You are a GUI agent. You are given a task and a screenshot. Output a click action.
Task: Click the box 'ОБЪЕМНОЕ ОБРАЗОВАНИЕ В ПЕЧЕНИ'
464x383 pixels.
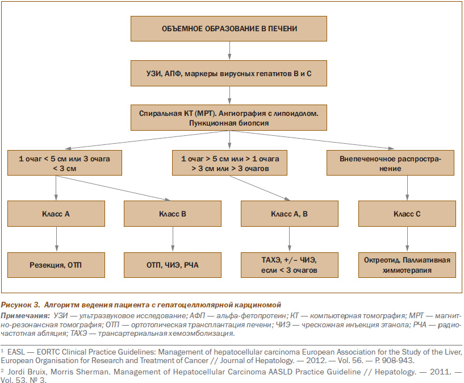[229, 29]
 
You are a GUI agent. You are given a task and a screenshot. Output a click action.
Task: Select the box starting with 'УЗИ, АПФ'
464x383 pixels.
[229, 73]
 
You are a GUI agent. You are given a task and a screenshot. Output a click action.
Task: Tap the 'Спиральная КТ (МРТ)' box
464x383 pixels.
[229, 118]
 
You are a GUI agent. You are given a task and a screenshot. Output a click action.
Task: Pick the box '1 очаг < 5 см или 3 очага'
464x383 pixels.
[65, 163]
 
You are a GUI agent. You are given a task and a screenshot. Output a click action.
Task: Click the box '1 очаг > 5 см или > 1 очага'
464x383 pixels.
[229, 163]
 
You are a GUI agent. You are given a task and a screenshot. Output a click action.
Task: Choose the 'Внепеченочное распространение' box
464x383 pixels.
[390, 163]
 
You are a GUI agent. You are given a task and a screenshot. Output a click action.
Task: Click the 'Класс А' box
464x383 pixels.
[56, 214]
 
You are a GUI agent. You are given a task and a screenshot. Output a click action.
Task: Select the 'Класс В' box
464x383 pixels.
[173, 214]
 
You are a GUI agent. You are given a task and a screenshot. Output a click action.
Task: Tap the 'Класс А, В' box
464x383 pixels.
[290, 214]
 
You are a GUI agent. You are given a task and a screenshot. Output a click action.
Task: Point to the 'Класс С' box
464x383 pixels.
[407, 214]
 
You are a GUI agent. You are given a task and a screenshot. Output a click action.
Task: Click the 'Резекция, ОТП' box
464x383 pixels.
[56, 265]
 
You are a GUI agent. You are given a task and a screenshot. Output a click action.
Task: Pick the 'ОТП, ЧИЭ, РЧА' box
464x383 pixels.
[173, 265]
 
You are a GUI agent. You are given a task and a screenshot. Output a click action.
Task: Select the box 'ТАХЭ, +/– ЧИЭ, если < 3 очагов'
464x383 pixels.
[290, 265]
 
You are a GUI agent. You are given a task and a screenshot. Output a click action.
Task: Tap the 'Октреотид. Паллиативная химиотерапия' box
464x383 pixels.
[407, 265]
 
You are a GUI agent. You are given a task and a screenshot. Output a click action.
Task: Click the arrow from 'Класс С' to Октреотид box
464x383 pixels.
[407, 239]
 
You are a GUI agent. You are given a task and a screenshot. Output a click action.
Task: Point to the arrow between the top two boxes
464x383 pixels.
[229, 51]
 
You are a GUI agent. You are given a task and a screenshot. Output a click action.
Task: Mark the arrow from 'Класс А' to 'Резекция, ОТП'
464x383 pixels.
[57, 239]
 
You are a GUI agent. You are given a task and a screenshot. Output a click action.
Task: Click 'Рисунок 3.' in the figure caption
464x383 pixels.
[20, 305]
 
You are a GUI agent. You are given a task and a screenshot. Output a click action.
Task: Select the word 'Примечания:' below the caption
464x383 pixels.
[25, 315]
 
